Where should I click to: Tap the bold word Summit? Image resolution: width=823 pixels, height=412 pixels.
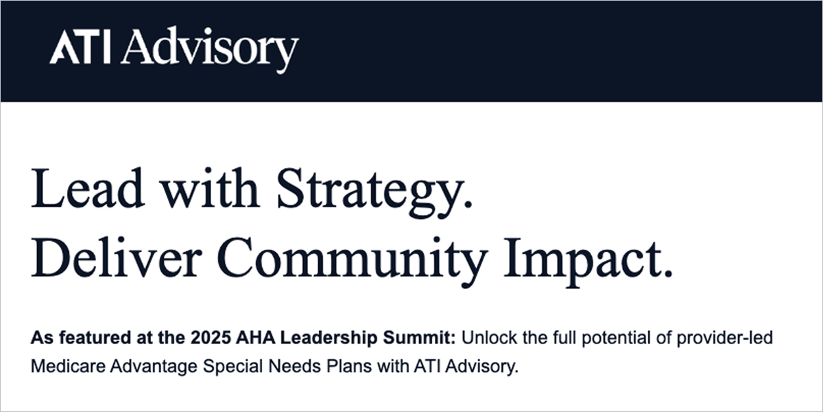click(x=427, y=339)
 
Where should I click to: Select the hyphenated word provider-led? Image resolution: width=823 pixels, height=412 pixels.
click(x=741, y=339)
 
